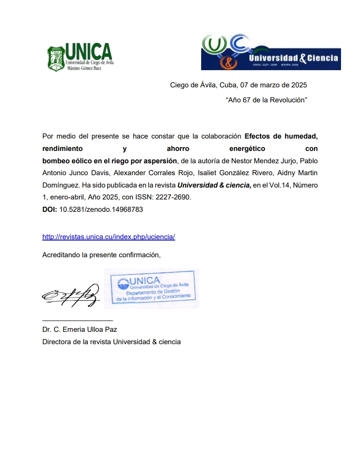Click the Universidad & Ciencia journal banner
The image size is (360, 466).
click(x=271, y=53)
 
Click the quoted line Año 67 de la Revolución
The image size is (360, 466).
click(x=266, y=100)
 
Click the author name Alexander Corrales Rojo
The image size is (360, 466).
click(x=144, y=172)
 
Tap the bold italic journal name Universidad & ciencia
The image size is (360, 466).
click(x=214, y=185)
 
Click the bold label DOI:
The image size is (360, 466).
click(x=49, y=210)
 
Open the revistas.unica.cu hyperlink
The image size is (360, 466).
click(x=109, y=237)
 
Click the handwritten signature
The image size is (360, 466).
click(x=71, y=294)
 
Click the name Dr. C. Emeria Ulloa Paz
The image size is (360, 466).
click(x=79, y=329)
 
